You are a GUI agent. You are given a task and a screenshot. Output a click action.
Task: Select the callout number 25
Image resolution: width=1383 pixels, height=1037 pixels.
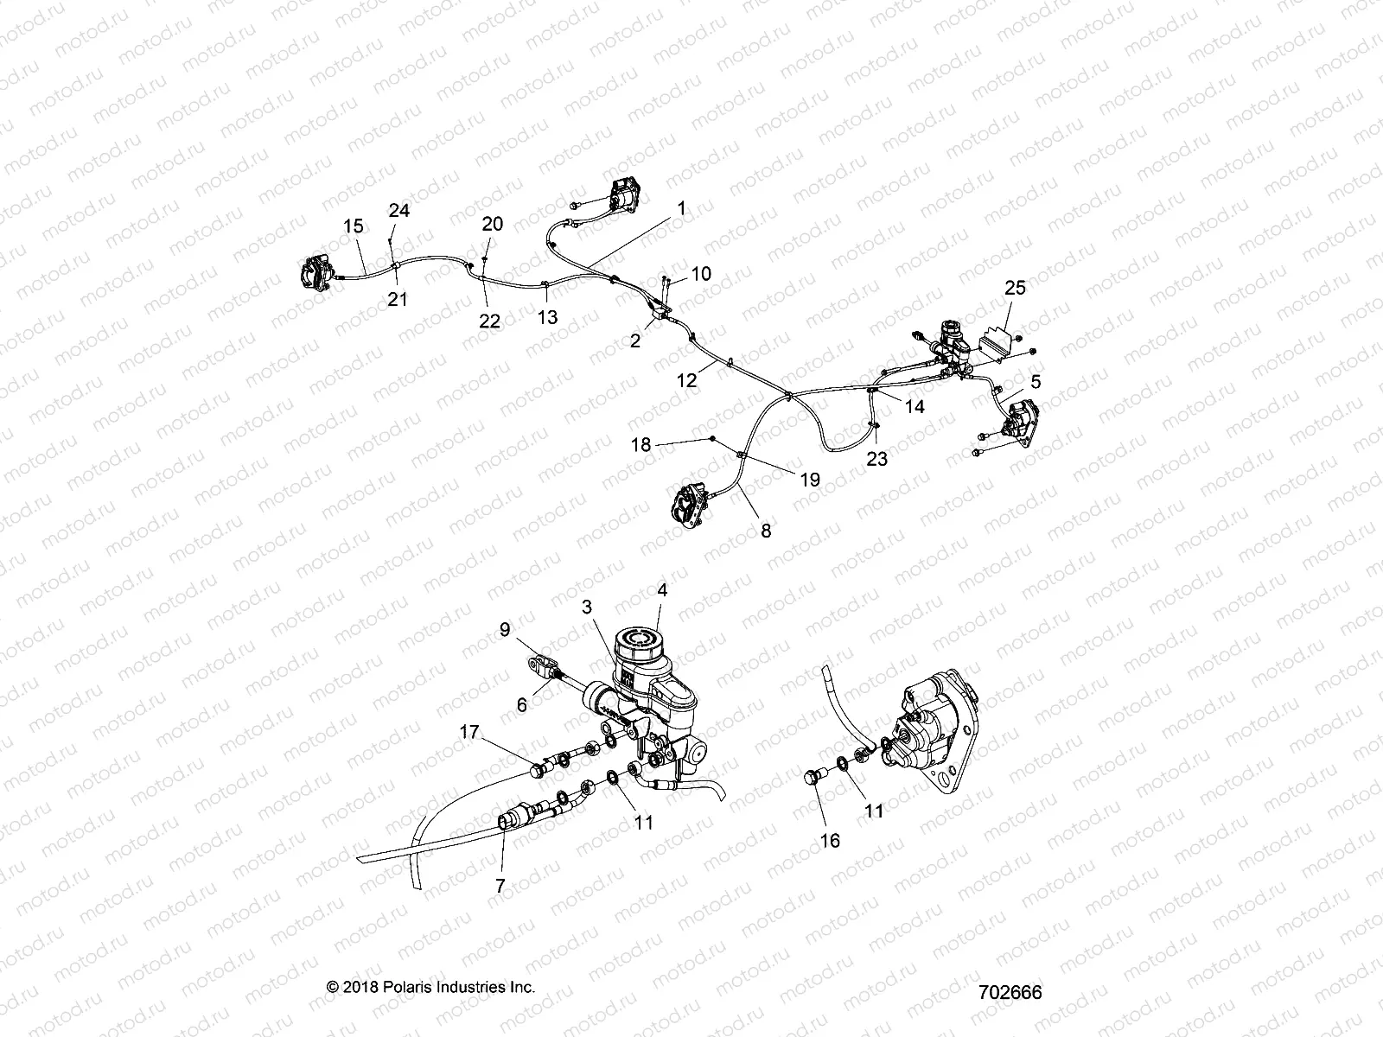[x=1014, y=287]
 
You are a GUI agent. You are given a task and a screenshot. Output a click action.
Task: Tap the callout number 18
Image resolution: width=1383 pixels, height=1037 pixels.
[x=641, y=445]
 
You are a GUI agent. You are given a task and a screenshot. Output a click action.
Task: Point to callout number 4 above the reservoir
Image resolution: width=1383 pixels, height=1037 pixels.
[x=661, y=592]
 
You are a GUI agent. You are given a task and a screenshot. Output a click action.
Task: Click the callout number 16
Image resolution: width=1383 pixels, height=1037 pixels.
[x=829, y=840]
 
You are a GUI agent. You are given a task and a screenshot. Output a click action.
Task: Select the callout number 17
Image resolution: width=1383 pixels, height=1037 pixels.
[x=469, y=732]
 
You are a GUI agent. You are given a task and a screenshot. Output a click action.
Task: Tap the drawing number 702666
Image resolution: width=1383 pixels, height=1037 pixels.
[x=1010, y=992]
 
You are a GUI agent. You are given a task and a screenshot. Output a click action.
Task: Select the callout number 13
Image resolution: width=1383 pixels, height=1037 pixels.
[x=547, y=317]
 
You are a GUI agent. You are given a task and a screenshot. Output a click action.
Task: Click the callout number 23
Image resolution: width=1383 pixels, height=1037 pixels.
[x=876, y=459]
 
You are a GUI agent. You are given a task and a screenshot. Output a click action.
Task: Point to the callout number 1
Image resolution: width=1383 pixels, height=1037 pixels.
[x=705, y=208]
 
